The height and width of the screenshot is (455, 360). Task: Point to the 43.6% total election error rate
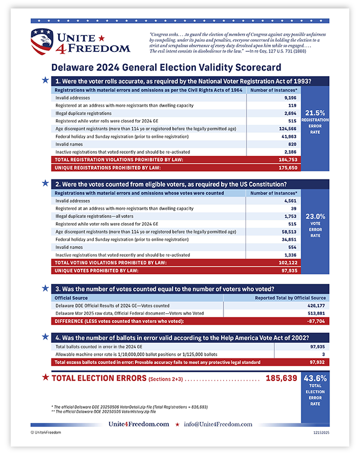click(315, 378)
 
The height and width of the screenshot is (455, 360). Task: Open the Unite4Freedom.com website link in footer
click(139, 424)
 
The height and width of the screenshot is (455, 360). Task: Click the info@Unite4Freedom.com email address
click(217, 424)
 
